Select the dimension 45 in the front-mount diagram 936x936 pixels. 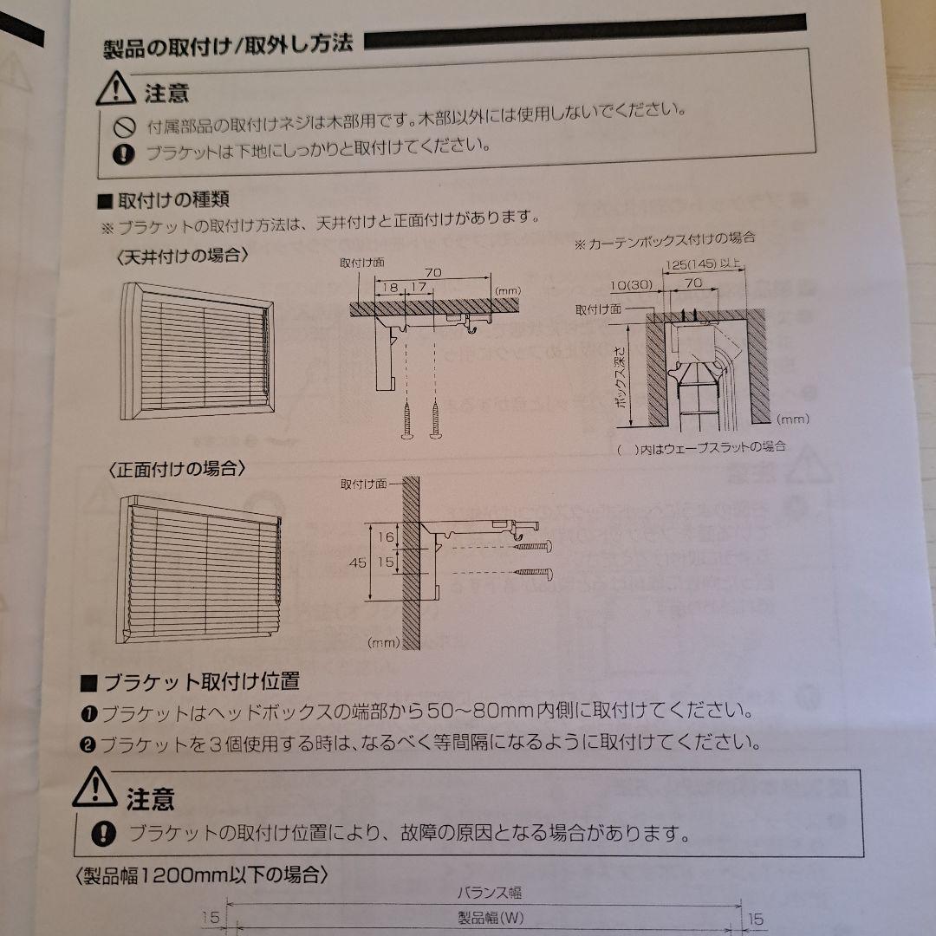pos(357,562)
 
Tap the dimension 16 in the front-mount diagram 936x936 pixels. pos(387,537)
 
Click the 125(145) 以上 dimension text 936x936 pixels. pos(704,263)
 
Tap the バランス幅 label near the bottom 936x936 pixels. pos(490,891)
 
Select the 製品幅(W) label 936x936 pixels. pos(491,918)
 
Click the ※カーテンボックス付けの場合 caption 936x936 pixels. pos(665,237)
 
